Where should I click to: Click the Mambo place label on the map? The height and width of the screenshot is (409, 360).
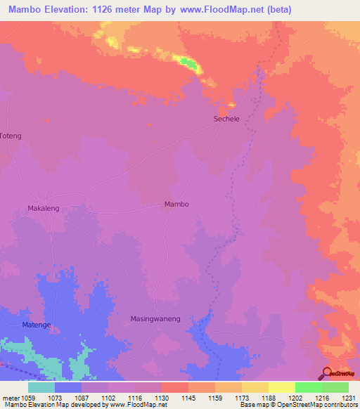(176, 204)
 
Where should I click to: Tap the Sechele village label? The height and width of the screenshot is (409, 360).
(226, 119)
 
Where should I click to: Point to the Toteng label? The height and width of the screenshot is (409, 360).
(11, 136)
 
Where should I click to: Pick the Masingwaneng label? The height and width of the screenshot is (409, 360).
(155, 319)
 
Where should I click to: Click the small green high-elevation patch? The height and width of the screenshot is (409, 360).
(188, 63)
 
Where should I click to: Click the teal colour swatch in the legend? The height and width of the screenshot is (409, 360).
(41, 387)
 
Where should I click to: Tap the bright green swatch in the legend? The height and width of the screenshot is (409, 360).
(308, 387)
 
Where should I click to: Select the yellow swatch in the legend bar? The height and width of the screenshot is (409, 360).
(281, 387)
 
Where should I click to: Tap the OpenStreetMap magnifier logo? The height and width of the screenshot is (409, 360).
(326, 372)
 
